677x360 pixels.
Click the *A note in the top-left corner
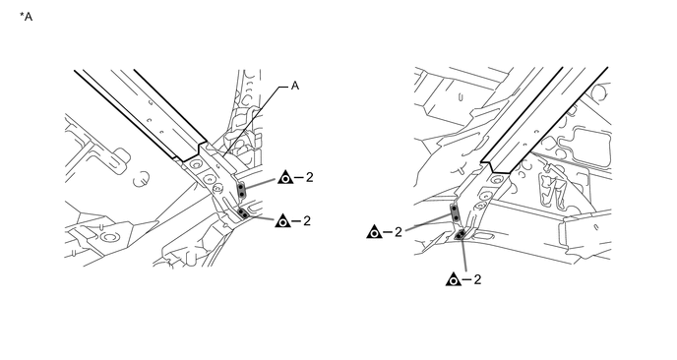coord(26,17)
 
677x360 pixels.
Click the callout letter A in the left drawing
coord(295,86)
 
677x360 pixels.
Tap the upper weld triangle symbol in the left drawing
coord(285,177)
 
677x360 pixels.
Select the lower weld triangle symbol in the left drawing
coord(282,220)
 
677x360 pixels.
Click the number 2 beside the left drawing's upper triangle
coord(309,177)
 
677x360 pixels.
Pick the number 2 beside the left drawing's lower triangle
coord(307,220)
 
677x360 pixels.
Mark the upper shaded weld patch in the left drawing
coord(242,191)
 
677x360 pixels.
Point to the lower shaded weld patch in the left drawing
coord(244,213)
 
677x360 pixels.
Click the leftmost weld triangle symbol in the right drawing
coord(374,232)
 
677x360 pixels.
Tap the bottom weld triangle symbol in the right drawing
coord(454,279)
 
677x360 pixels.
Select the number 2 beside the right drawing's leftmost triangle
coord(398,232)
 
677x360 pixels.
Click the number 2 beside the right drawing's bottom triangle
coord(477,279)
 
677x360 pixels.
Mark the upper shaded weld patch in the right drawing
coord(455,212)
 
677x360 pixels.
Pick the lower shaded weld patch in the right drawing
coord(461,234)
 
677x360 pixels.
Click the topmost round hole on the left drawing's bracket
coord(196,164)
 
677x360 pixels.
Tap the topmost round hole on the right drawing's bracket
coord(498,180)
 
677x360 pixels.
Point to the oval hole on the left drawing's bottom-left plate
coord(107,236)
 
